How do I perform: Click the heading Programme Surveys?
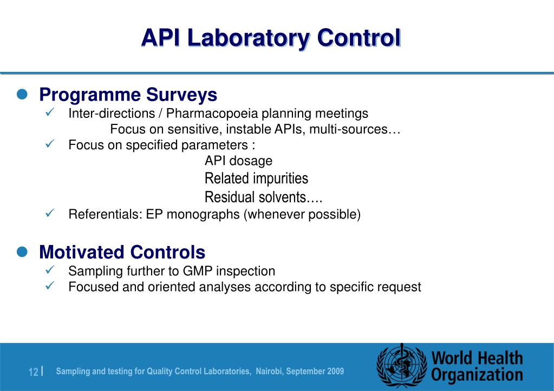point(128,95)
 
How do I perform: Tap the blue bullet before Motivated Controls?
point(22,252)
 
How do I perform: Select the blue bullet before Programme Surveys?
point(22,95)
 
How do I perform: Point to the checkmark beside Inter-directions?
point(48,113)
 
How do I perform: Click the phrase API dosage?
point(238,161)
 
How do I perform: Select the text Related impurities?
point(256,178)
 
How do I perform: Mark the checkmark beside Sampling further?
point(48,270)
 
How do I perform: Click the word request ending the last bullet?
point(398,287)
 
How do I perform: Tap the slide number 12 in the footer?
point(33,372)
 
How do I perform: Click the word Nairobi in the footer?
point(269,372)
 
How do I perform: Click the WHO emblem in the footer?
point(401,365)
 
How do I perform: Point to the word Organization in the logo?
point(477,375)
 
